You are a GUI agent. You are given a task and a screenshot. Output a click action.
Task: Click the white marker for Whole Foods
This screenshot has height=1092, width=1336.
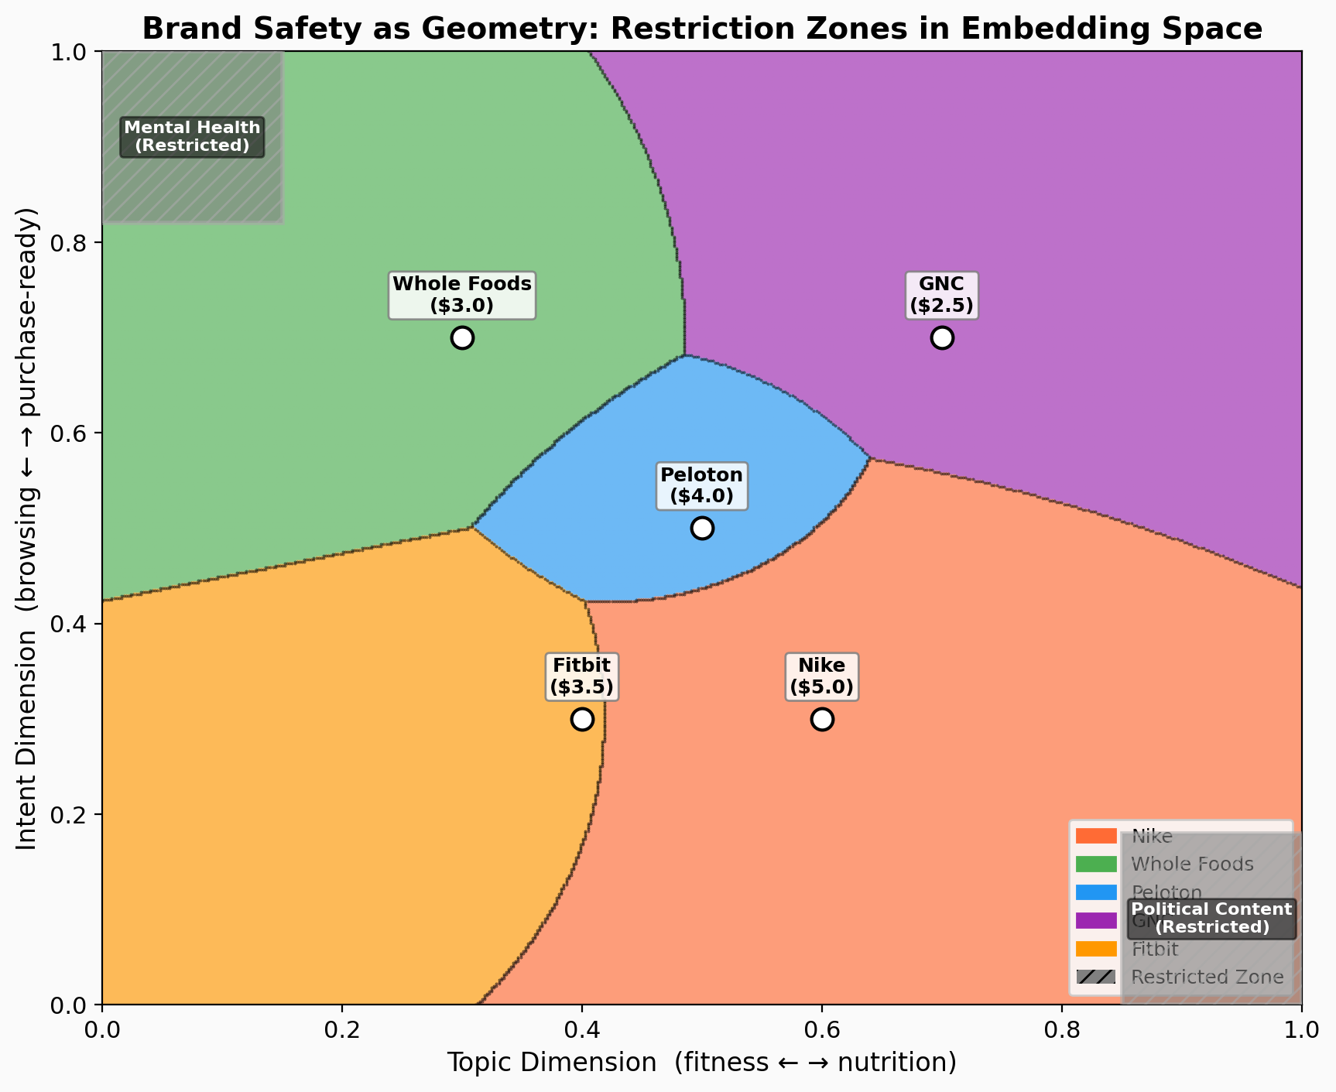pos(462,338)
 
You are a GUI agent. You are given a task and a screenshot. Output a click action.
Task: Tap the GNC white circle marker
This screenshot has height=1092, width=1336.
pos(942,338)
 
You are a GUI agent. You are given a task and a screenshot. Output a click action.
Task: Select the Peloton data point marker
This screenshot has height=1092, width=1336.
pos(702,529)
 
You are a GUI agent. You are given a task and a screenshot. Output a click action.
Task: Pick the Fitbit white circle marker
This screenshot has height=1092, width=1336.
pos(582,719)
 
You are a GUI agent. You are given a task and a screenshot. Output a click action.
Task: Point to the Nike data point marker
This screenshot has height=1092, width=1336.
pos(822,719)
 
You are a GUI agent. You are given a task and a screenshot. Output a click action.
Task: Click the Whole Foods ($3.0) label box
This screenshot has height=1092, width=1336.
pos(462,295)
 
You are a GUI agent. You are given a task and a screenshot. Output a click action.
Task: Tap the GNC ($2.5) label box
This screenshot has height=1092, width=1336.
pos(941,295)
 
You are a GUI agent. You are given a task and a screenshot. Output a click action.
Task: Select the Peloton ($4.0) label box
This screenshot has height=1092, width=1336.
pos(701,485)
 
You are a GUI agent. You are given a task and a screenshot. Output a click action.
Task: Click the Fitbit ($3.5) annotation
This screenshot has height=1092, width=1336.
pos(581,676)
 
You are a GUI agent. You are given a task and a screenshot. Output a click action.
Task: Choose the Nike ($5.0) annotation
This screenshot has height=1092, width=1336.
pos(821,676)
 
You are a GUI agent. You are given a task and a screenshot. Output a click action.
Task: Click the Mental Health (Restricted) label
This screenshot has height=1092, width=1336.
pos(192,137)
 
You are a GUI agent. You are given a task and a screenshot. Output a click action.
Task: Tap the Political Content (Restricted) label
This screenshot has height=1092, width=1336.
pos(1211,919)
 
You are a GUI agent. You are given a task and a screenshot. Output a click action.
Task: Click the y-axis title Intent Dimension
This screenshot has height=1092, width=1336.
pos(28,528)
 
